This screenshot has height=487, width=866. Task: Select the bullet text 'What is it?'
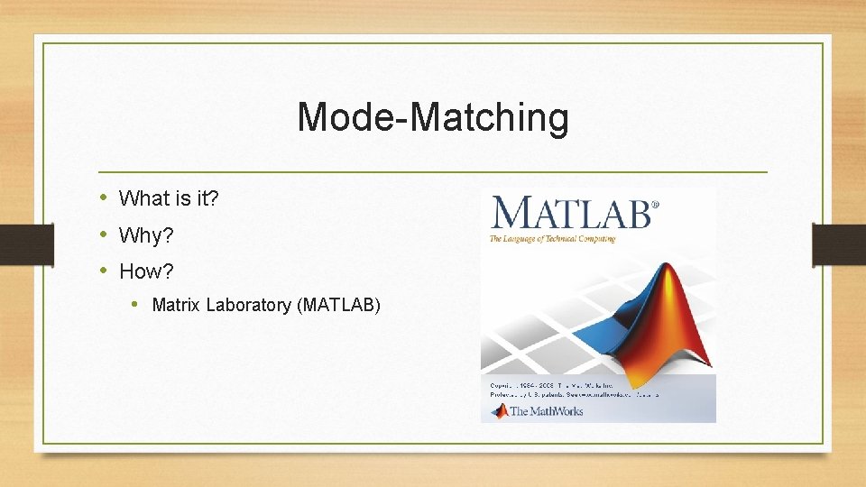point(169,198)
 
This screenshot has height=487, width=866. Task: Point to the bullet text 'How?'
point(146,271)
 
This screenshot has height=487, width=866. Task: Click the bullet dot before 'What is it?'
point(104,198)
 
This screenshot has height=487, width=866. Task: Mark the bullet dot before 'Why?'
point(104,235)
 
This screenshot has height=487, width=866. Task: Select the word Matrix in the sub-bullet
point(177,306)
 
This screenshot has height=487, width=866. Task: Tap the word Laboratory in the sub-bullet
point(248,306)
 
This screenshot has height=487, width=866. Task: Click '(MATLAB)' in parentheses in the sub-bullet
point(338,306)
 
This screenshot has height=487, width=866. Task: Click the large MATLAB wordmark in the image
point(569,214)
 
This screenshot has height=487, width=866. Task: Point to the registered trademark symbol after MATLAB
point(655,205)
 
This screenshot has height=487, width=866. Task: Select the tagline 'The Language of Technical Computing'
point(552,239)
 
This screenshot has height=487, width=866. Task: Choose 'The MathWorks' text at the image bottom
point(547,411)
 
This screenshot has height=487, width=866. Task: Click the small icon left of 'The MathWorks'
point(499,411)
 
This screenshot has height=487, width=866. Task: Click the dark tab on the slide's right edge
point(838,244)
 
